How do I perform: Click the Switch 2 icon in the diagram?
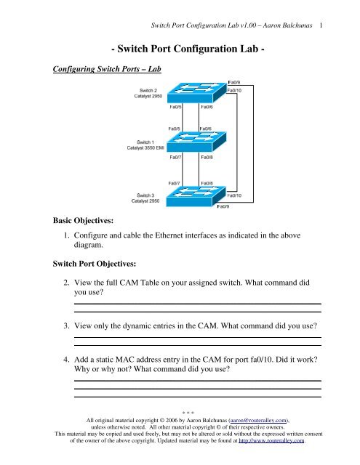coord(197,92)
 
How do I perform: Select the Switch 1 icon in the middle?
coord(196,142)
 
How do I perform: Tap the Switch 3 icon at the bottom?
coord(196,196)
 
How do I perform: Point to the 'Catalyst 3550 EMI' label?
coord(145,147)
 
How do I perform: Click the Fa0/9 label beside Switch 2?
coord(234,82)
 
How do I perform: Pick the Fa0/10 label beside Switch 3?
coord(234,195)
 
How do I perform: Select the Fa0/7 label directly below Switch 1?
coord(175,157)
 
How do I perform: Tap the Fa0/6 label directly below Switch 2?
coord(207,107)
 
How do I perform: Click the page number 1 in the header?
coord(321,25)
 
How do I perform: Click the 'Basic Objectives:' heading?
coord(83,220)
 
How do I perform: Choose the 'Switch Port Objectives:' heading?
coord(95,264)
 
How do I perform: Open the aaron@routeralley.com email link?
coord(258,420)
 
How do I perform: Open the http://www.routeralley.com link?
coord(271,440)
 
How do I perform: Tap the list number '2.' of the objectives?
coord(66,283)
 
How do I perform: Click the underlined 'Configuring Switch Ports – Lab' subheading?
coord(107,69)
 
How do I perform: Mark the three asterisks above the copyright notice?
coord(188,413)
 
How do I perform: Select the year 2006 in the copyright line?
coord(172,420)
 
